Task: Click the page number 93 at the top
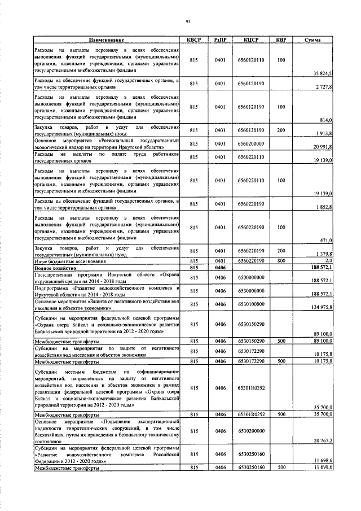pyautogui.click(x=188, y=22)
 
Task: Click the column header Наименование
pyautogui.click(x=106, y=40)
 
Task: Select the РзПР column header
pyautogui.click(x=221, y=40)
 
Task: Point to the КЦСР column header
pyautogui.click(x=251, y=40)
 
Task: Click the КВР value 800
pyautogui.click(x=281, y=261)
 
